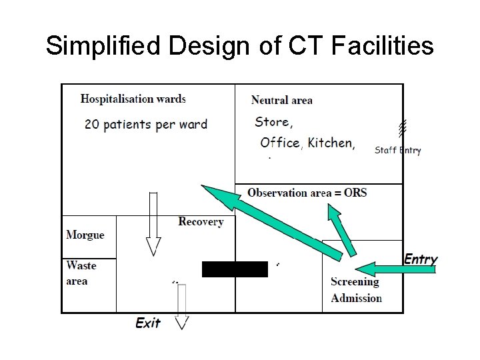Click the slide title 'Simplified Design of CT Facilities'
(240, 46)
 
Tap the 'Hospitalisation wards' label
(133, 99)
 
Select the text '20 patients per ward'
(146, 124)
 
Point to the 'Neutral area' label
(281, 100)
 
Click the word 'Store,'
(273, 122)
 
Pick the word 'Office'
(280, 143)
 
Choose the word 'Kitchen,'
(331, 143)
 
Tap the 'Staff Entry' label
(397, 150)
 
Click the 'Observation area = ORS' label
(307, 193)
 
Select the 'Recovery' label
(201, 221)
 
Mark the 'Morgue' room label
(85, 235)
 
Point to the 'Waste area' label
(81, 273)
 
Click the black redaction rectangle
(235, 269)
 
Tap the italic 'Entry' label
(421, 259)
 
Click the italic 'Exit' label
(148, 323)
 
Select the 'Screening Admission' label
(356, 289)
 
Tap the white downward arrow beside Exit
(182, 307)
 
